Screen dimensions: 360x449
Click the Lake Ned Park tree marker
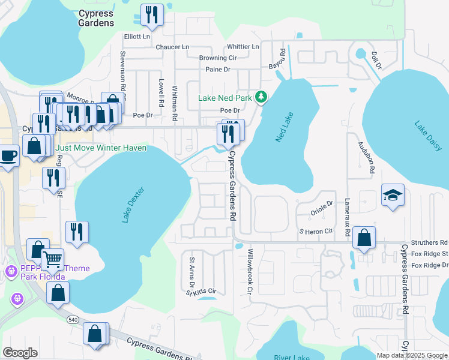261,97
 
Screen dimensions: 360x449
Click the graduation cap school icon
393,196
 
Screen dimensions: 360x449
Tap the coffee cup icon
8,156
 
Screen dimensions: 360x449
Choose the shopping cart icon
53,260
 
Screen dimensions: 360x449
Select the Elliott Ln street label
136,37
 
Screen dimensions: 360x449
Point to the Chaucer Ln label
172,47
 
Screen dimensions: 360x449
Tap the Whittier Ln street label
243,47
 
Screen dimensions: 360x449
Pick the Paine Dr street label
218,70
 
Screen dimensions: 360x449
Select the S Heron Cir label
316,231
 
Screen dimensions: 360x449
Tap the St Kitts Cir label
201,292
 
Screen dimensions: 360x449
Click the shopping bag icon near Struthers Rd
364,238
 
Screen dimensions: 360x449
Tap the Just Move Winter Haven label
101,148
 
